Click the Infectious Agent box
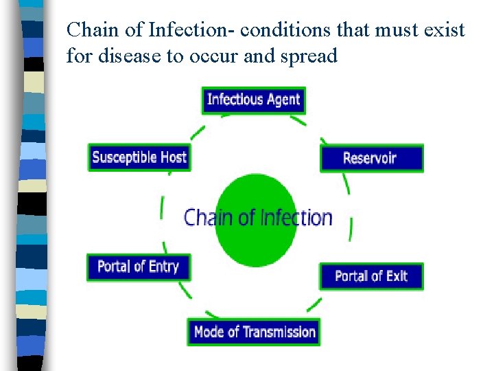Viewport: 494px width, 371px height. [x=253, y=100]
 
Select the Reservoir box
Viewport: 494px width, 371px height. [x=371, y=158]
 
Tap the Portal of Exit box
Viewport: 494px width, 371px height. [x=371, y=276]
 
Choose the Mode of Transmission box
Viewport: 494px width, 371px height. [x=254, y=332]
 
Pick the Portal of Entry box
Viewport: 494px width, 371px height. [x=138, y=267]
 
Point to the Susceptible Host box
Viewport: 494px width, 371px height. [x=139, y=157]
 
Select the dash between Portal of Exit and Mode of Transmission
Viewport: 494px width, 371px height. [x=314, y=304]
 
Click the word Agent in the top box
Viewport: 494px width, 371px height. [x=283, y=100]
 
